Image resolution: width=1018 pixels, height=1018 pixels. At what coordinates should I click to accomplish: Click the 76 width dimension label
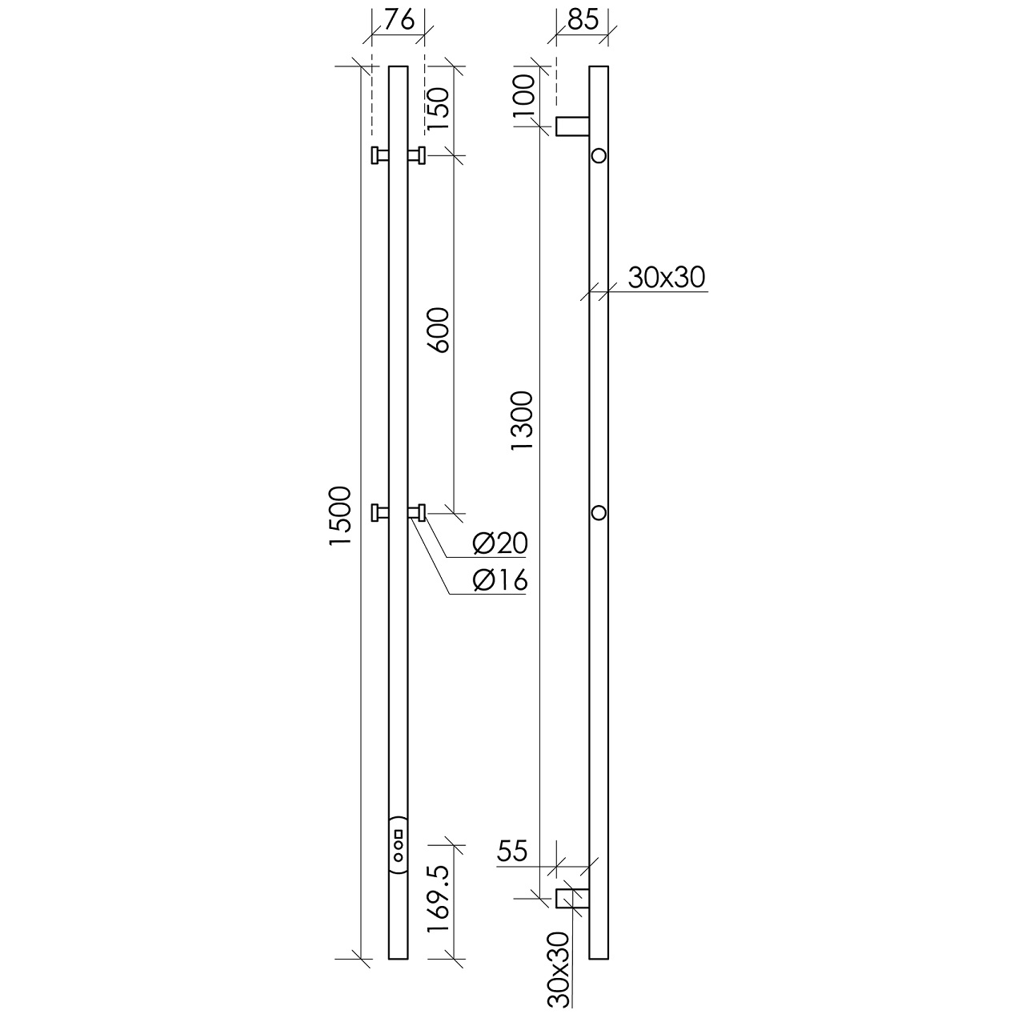point(399,21)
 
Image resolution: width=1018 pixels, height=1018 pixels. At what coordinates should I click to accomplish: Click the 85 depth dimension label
point(583,21)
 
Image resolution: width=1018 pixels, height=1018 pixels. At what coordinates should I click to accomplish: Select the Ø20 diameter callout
point(500,543)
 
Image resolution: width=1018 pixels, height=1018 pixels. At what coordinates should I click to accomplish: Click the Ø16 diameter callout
point(500,581)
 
